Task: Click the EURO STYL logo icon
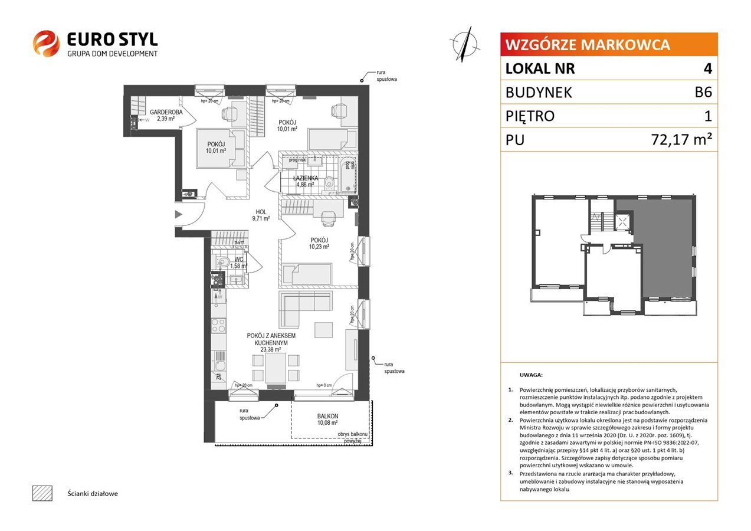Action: pos(45,44)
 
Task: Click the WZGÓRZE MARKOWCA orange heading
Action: pos(587,45)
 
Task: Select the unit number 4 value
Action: pos(707,69)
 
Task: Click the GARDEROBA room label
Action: pos(166,112)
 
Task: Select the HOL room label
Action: pos(261,212)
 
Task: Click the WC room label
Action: pos(240,259)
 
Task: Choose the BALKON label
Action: pos(327,415)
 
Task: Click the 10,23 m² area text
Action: pos(319,247)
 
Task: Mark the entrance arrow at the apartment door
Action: pos(179,214)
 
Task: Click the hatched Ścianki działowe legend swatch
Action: pos(42,493)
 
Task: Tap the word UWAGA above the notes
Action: pos(531,375)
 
